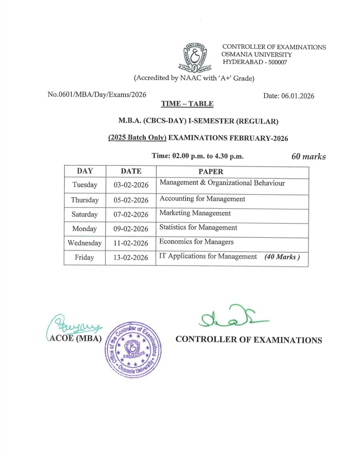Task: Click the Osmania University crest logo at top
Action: (x=195, y=58)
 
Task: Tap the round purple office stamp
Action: (x=133, y=349)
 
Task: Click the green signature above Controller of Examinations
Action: (x=233, y=316)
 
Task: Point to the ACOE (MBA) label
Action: (x=76, y=338)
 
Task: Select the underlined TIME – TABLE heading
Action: (x=187, y=104)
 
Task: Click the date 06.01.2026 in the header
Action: (x=288, y=96)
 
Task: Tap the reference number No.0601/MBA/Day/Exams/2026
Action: (x=97, y=94)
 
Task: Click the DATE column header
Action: (x=131, y=171)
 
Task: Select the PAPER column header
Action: (x=211, y=172)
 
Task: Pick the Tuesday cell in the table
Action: (x=85, y=185)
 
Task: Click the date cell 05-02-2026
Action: (x=131, y=200)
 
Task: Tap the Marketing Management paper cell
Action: (x=195, y=213)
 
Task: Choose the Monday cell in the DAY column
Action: (x=84, y=229)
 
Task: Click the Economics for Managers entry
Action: (x=196, y=242)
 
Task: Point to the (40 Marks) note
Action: (x=282, y=257)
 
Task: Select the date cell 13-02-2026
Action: (x=131, y=257)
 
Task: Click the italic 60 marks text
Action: (x=308, y=156)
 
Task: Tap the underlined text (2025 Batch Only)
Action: (x=137, y=138)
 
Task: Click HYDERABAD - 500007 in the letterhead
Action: (x=255, y=62)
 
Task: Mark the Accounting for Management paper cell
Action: (x=202, y=199)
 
